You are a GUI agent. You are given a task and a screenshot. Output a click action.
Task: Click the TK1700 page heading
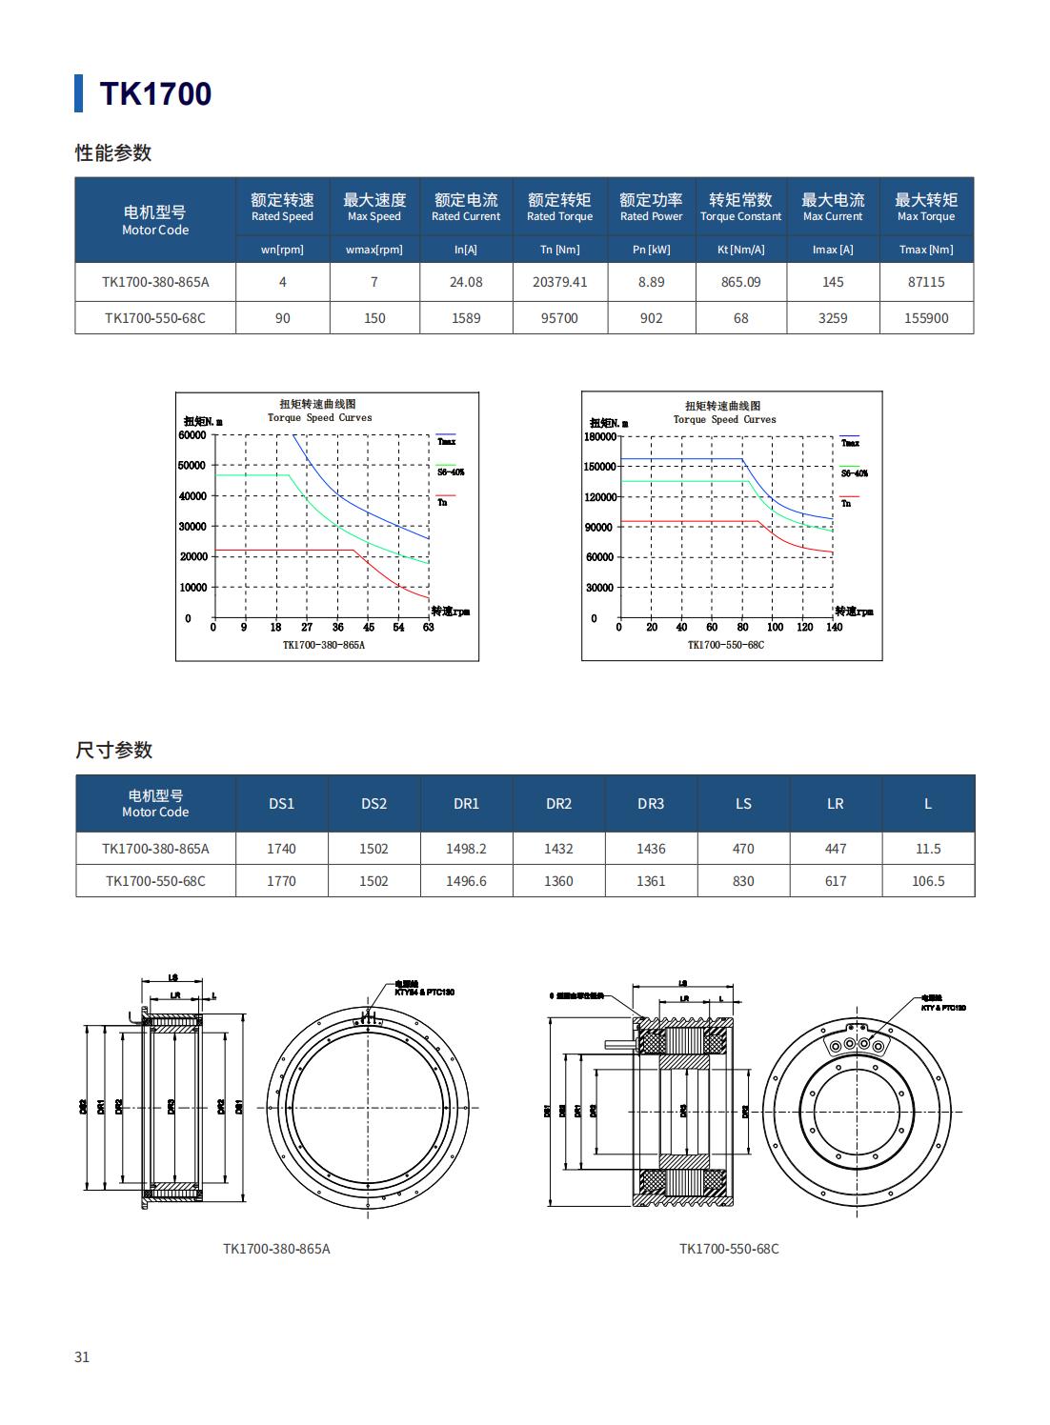click(155, 93)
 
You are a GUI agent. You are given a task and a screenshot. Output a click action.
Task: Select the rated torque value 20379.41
click(559, 282)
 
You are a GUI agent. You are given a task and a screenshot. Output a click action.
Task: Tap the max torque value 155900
click(925, 318)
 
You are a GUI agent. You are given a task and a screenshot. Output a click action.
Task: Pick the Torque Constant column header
click(740, 207)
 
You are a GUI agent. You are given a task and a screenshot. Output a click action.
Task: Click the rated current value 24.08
click(466, 282)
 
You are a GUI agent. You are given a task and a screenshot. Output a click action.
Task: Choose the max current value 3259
click(833, 318)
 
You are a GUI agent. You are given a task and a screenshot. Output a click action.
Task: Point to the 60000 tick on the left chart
click(192, 435)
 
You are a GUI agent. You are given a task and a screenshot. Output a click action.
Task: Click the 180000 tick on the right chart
click(600, 436)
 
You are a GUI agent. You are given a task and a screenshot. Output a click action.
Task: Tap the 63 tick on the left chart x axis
click(429, 627)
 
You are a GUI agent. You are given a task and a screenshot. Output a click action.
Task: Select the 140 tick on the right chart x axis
click(834, 627)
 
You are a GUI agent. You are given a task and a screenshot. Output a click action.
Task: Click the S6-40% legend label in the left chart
click(451, 472)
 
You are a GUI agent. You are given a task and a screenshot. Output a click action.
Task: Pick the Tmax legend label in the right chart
click(850, 443)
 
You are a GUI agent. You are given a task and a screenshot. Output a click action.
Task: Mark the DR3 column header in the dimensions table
click(651, 804)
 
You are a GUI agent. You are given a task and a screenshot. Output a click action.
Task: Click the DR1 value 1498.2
click(466, 849)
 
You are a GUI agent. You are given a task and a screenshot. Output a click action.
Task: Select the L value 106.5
click(927, 881)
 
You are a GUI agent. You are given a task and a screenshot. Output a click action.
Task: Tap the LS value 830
click(743, 881)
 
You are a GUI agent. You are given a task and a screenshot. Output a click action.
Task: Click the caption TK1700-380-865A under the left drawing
click(276, 1248)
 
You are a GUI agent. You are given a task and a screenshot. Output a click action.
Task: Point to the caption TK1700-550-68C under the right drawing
click(729, 1248)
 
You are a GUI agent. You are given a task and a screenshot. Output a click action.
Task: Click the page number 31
click(82, 1356)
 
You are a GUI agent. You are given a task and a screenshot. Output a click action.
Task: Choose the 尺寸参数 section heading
click(114, 750)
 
